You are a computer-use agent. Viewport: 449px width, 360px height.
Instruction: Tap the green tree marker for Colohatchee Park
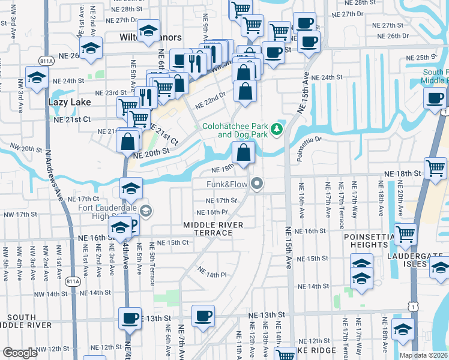click(x=276, y=128)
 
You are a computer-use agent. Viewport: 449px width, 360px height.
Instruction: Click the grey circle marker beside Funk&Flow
click(x=258, y=184)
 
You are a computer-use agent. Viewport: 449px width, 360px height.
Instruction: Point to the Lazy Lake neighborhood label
click(x=68, y=103)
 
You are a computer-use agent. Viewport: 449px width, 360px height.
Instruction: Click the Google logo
click(x=20, y=353)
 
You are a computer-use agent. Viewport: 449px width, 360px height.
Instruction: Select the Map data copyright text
click(x=423, y=355)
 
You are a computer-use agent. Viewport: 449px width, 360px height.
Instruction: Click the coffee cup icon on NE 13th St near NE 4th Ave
click(x=130, y=317)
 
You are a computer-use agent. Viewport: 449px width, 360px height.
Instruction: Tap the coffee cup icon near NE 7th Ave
click(x=203, y=315)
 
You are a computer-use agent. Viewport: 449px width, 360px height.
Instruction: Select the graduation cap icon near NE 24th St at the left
click(x=37, y=78)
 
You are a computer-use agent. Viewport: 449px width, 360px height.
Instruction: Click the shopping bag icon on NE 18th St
click(x=243, y=154)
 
